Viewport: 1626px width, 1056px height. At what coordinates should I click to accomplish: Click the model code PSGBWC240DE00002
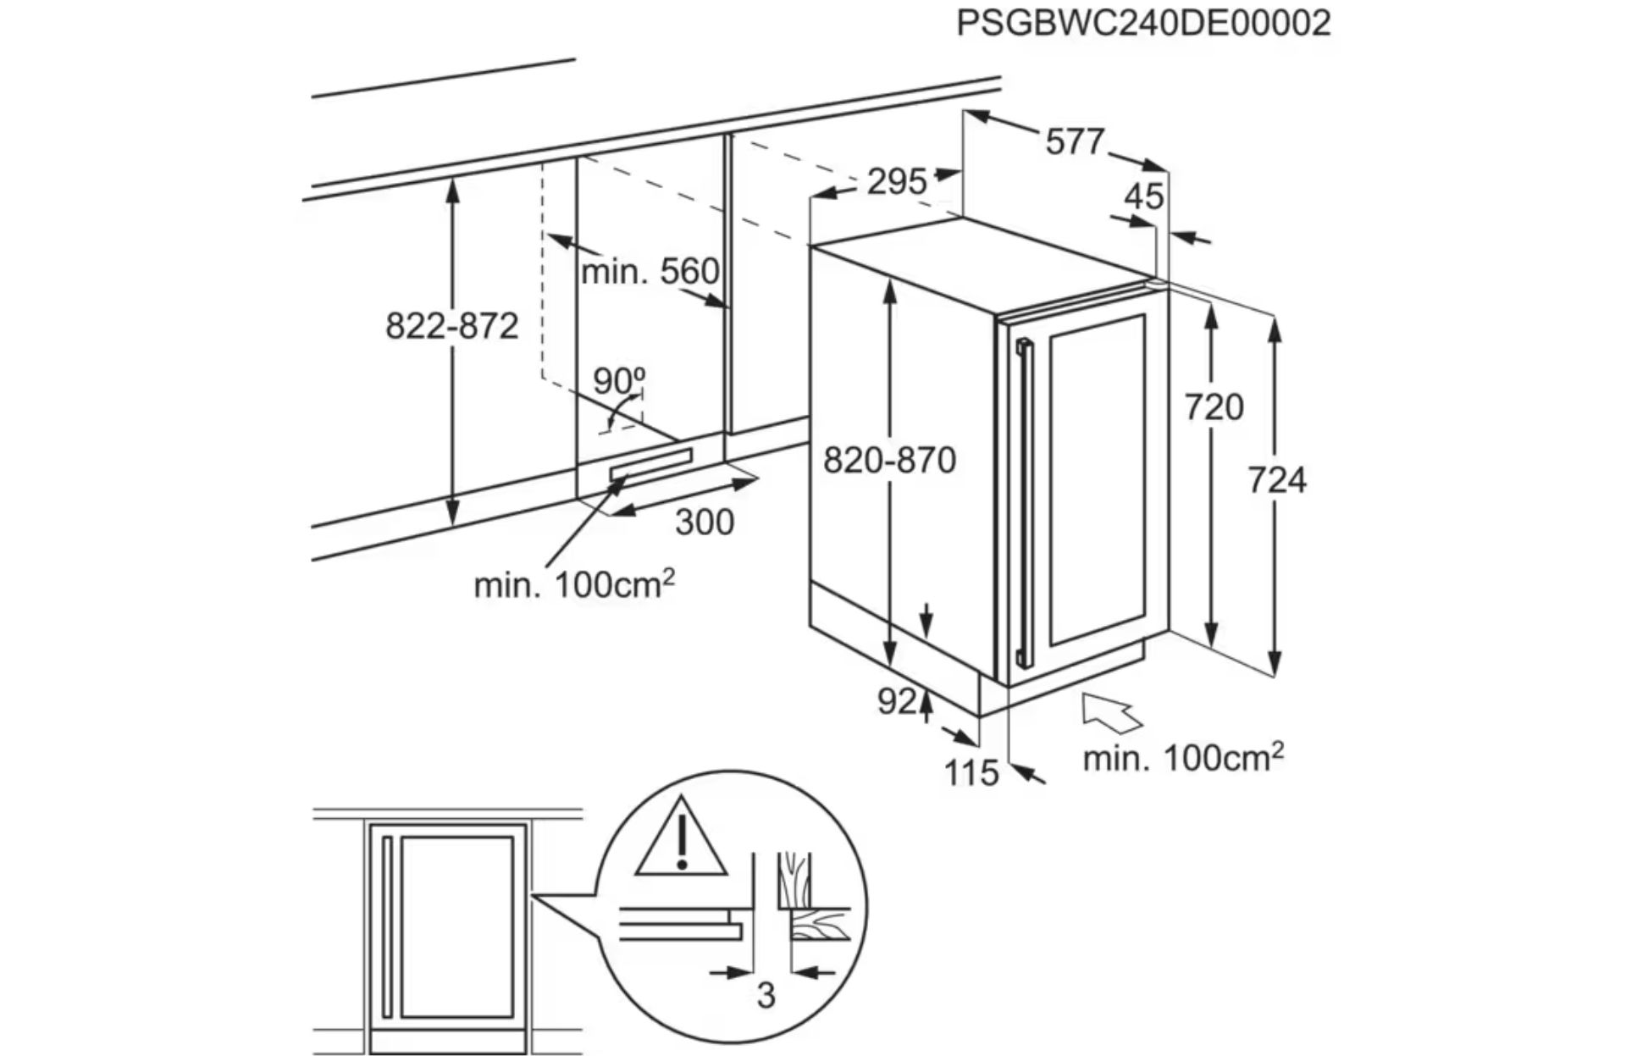(1143, 23)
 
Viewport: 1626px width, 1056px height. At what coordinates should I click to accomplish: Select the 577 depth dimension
(1075, 141)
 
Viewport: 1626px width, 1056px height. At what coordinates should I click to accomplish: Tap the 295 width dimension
(896, 181)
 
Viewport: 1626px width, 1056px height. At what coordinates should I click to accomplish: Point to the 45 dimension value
(1143, 196)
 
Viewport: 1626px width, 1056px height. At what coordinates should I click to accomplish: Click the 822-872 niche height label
(451, 326)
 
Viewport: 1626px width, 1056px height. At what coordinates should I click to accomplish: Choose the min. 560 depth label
(650, 272)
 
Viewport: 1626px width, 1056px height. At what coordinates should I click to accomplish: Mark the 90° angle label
(618, 381)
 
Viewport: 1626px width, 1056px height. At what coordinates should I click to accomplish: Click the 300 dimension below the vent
(704, 522)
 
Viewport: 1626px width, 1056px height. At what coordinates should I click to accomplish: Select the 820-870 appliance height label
(889, 461)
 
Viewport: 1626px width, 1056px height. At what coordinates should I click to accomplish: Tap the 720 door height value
(1214, 407)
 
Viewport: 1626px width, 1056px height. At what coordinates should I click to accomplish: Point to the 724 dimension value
(1276, 480)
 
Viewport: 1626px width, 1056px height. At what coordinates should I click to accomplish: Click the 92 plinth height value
(897, 701)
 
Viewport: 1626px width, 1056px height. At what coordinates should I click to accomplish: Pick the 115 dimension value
(971, 772)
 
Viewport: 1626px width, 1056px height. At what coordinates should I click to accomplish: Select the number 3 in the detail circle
(766, 995)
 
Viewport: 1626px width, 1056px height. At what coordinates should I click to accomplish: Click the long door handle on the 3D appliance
(1026, 500)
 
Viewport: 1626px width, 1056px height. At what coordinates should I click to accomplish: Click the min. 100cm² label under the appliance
(1182, 757)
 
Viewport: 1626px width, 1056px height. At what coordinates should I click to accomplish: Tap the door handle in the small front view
(387, 927)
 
